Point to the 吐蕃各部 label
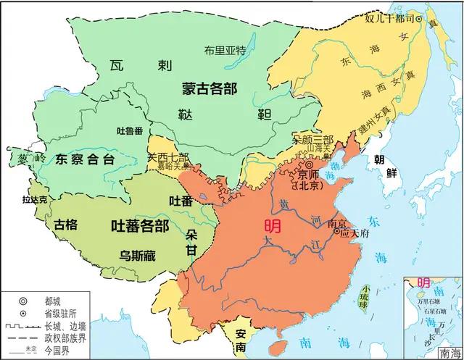[139, 225]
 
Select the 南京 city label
[338, 225]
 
